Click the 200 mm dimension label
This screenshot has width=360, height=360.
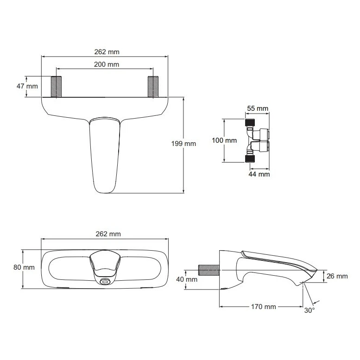click(107, 64)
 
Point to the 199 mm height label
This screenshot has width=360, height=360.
click(184, 144)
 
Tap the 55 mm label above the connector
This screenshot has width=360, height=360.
click(257, 108)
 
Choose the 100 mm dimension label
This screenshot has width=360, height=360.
click(224, 140)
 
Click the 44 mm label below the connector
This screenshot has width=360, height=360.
click(259, 174)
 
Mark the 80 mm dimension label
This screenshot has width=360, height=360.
click(24, 267)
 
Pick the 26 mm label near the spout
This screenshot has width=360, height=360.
click(337, 276)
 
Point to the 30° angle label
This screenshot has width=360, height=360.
click(309, 310)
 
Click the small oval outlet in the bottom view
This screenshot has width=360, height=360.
click(105, 281)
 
